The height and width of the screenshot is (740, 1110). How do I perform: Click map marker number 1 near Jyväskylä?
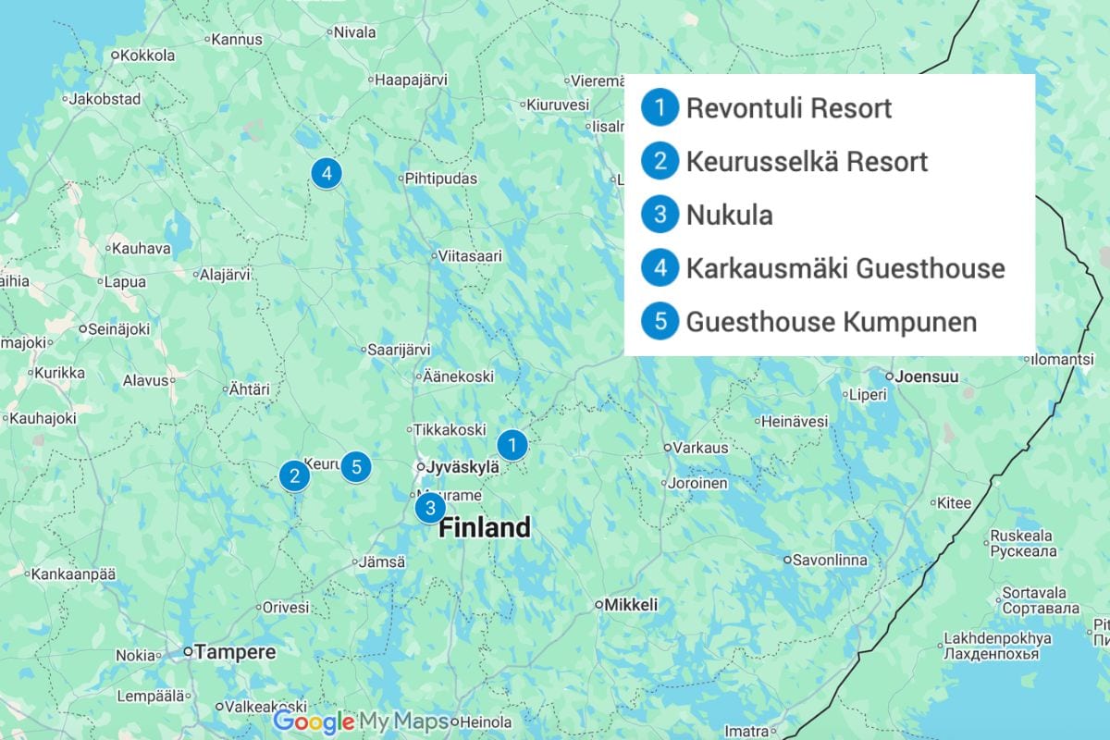tap(512, 445)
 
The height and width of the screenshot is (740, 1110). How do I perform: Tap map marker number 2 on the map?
tap(294, 476)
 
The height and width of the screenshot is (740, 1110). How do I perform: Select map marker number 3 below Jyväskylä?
tap(429, 508)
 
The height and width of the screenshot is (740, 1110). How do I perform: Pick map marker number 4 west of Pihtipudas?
tap(325, 173)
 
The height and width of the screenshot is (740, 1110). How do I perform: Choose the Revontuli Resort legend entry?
tap(788, 108)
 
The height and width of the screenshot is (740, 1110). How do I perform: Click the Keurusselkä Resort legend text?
tap(807, 162)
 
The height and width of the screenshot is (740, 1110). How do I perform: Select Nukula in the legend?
tap(729, 216)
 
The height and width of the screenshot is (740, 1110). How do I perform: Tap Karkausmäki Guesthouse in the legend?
tap(845, 269)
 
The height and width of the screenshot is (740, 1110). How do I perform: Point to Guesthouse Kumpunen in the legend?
tap(831, 322)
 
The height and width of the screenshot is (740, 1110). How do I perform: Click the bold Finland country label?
tap(485, 528)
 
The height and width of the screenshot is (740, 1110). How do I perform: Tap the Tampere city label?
tap(234, 652)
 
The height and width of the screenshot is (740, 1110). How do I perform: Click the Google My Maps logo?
tap(361, 721)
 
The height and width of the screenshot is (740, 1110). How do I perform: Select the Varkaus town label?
tap(700, 448)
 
